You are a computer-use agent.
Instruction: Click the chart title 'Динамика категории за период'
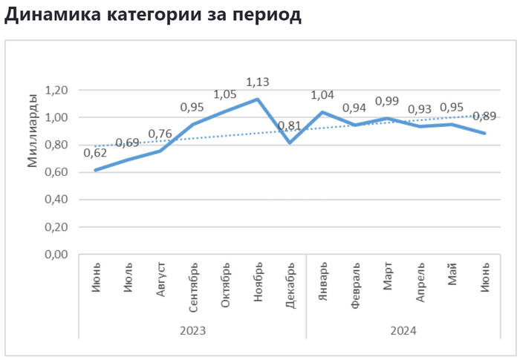click(153, 16)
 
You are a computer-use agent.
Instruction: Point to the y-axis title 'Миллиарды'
click(32, 131)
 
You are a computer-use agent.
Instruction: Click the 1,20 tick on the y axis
click(57, 90)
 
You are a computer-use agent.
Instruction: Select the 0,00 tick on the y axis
click(57, 255)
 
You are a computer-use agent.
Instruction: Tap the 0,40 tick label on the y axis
click(57, 200)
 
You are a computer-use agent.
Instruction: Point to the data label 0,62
click(95, 153)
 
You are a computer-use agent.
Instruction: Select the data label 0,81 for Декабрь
click(290, 125)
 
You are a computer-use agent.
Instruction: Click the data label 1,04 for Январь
click(322, 94)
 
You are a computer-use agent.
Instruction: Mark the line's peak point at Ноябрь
click(258, 99)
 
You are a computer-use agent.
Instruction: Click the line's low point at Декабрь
click(290, 143)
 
